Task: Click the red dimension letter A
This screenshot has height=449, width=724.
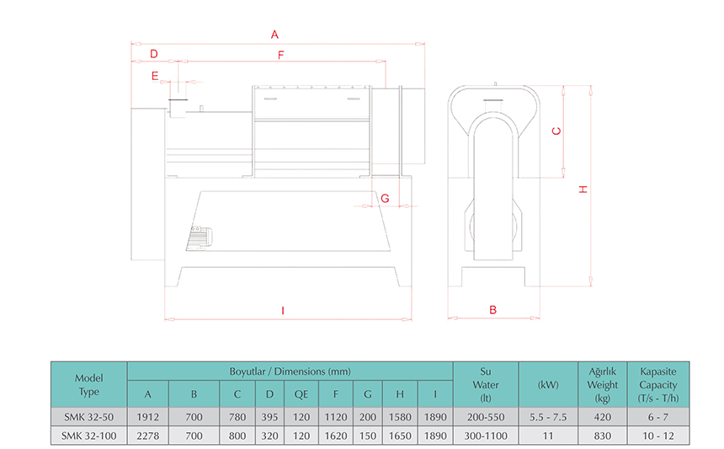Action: pos(274,35)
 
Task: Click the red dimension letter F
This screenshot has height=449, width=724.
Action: pos(280,56)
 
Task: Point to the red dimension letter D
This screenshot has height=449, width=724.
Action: pos(154,54)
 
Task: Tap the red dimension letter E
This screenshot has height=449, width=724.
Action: pos(155,76)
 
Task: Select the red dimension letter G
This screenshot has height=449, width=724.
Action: pos(385,198)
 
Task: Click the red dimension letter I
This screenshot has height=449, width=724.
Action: pos(283,310)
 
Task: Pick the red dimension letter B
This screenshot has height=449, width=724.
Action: pos(492,310)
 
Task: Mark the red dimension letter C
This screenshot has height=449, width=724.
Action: pos(556,131)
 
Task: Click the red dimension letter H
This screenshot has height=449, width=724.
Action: pos(583,190)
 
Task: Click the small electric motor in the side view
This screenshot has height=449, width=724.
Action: pos(200,238)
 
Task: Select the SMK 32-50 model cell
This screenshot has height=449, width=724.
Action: pos(88,417)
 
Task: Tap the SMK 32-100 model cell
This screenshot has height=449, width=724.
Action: pos(88,436)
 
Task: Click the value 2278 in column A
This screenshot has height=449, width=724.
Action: pos(148,436)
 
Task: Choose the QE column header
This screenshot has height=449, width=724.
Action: pos(301,394)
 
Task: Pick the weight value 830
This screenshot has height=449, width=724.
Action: pos(603,436)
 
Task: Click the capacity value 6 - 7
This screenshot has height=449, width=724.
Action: pos(658,417)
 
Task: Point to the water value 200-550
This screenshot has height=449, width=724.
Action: pos(486,417)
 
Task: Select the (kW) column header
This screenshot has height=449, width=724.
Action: pos(548,384)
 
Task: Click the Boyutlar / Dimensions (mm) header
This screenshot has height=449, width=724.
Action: pos(290,371)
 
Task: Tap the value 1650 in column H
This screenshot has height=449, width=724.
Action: pos(400,436)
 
